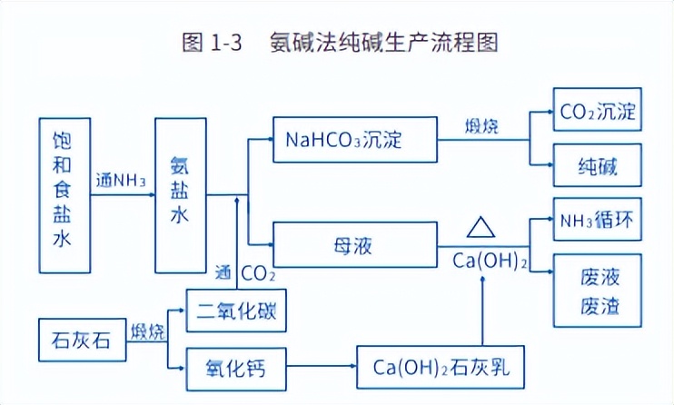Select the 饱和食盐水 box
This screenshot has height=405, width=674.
(x=64, y=194)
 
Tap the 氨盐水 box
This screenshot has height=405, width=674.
(x=181, y=194)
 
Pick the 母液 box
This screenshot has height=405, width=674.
(x=355, y=246)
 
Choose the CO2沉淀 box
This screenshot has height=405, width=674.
(x=597, y=114)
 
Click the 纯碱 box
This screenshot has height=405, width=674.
(x=597, y=168)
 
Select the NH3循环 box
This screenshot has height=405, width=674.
(x=597, y=220)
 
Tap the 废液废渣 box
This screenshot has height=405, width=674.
(x=597, y=290)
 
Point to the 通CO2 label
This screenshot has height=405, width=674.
(x=245, y=272)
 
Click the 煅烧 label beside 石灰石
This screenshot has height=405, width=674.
(x=148, y=331)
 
